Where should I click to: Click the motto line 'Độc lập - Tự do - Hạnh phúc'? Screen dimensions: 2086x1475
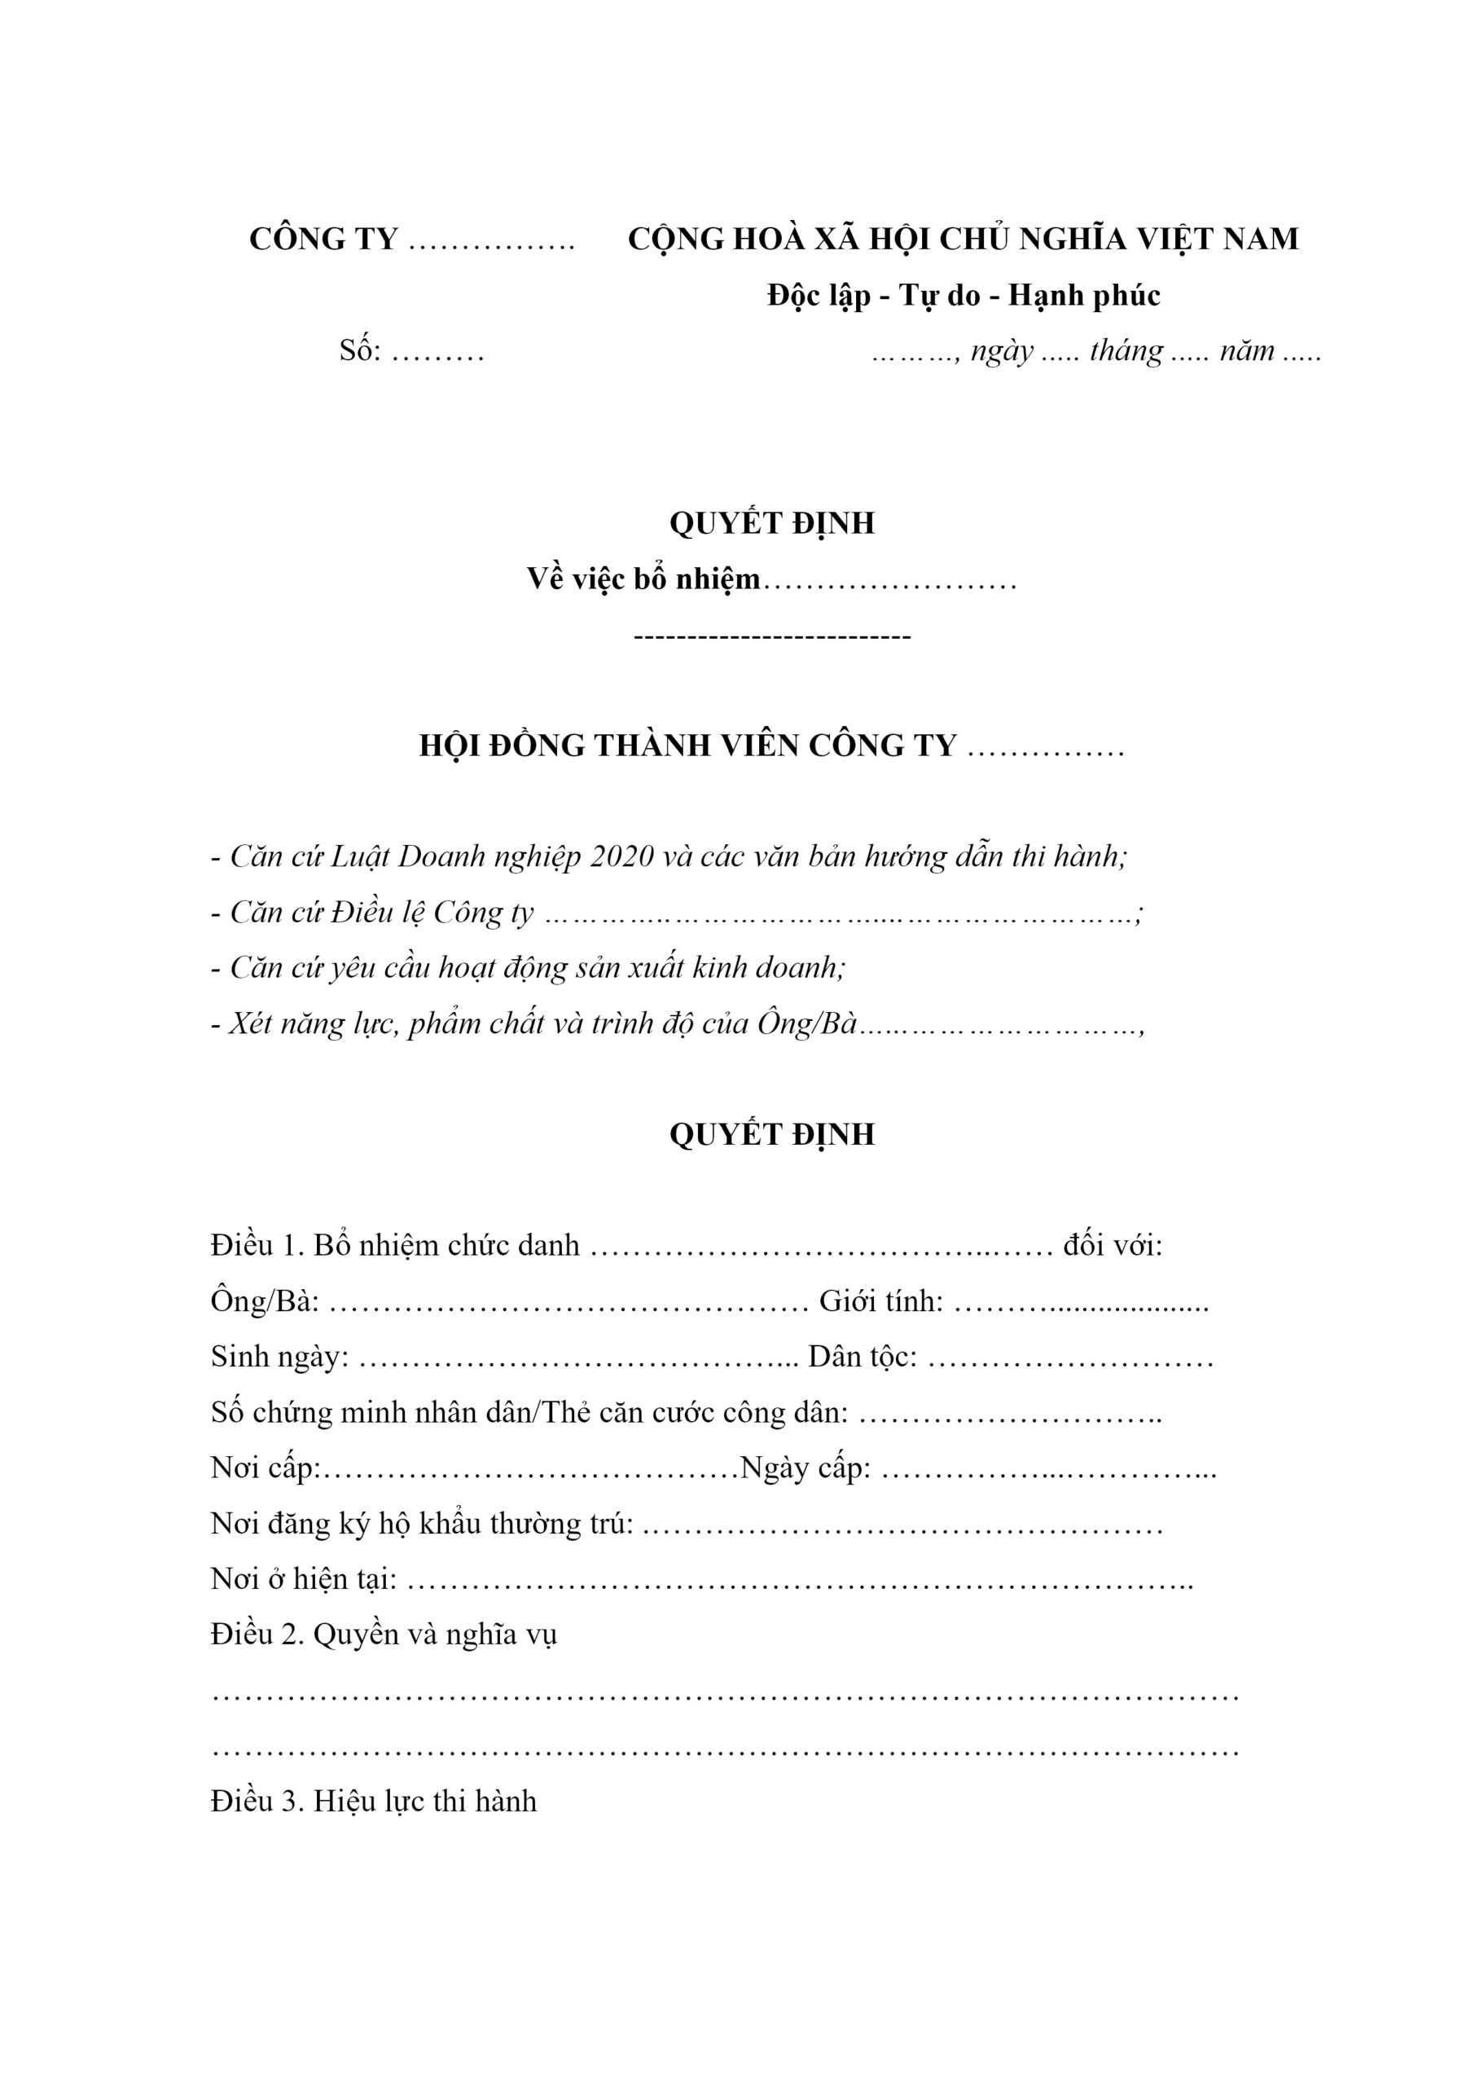point(963,295)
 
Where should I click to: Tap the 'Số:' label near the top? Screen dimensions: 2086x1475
point(360,350)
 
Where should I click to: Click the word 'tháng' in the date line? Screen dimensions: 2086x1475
point(1126,350)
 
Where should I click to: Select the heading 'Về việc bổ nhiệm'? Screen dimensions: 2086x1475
point(643,579)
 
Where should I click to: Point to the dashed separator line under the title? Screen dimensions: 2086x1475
point(771,636)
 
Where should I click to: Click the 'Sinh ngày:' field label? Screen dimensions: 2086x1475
point(279,1358)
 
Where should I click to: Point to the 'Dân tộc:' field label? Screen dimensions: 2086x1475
point(862,1358)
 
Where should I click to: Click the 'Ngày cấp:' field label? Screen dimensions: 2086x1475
point(806,1468)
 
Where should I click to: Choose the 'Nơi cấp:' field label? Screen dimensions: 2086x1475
point(266,1468)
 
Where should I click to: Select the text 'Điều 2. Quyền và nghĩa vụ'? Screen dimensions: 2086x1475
point(384,1635)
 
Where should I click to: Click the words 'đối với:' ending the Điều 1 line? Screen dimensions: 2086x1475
point(1113,1246)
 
